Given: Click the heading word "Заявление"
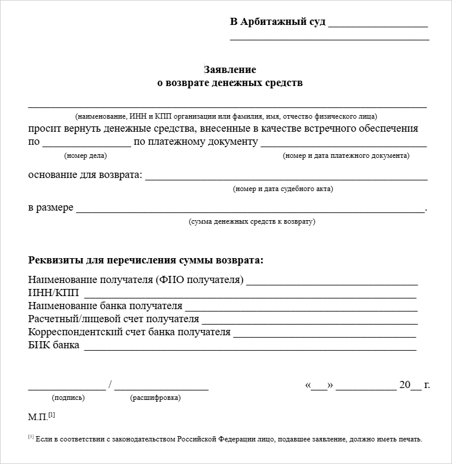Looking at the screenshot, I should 230,69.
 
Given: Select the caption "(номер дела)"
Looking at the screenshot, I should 85,156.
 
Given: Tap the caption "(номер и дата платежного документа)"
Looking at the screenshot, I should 346,156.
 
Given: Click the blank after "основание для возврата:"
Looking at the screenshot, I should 286,177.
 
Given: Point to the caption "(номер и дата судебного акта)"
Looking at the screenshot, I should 284,189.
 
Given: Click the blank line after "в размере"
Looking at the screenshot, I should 250,209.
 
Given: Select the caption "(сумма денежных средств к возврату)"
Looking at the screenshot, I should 252,222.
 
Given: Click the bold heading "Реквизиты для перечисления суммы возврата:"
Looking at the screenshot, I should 146,260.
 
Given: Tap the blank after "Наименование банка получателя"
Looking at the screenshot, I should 301,307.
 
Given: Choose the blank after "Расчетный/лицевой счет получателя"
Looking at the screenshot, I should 309,320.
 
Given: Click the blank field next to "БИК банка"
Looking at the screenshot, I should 250,347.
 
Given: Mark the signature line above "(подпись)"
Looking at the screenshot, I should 67,387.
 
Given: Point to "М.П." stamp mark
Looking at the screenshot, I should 38,417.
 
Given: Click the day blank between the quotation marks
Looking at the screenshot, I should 319,386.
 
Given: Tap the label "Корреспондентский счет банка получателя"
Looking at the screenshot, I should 129,332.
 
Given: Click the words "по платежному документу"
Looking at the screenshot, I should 196,142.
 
